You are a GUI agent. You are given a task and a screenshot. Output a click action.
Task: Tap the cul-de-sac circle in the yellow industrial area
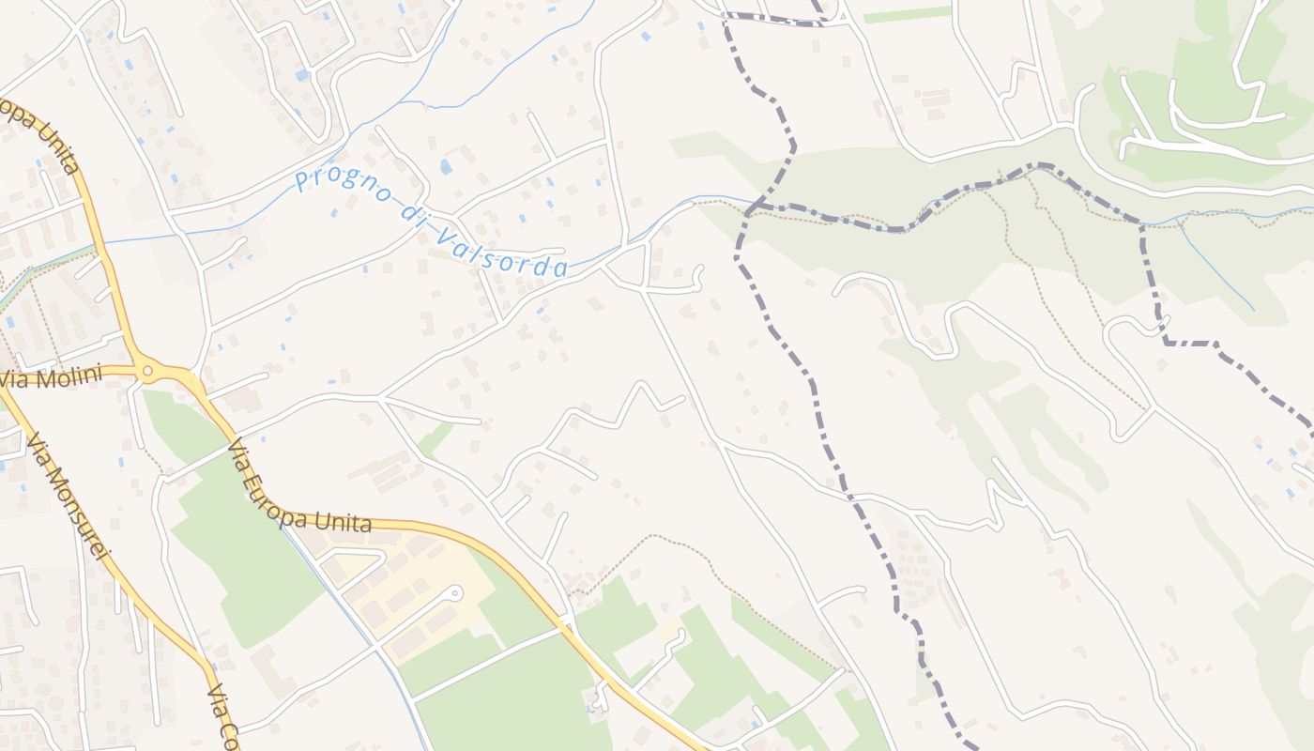(455, 593)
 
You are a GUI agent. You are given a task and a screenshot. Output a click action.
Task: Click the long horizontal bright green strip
(907, 15)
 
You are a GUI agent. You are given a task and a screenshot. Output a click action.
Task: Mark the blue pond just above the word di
(445, 167)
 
